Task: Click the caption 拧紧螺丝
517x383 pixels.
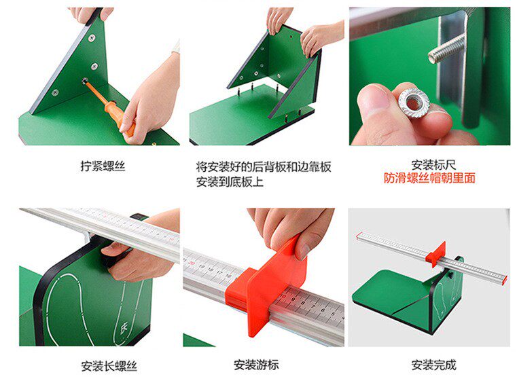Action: pos(103,166)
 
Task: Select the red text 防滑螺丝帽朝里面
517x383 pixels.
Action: pos(429,178)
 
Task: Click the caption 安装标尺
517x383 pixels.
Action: pos(433,164)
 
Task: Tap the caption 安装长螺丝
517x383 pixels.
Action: pos(109,366)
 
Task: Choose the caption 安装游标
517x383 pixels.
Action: pos(256,365)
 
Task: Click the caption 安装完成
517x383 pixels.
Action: pos(433,365)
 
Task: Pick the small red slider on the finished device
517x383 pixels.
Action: pos(435,254)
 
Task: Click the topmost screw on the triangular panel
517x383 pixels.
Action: pos(92,38)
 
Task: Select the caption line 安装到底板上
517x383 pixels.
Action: pos(230,181)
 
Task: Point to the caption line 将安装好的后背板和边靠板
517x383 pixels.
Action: pos(264,167)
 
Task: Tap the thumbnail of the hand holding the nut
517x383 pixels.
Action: pos(429,76)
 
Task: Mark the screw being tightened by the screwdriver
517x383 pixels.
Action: pos(85,80)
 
